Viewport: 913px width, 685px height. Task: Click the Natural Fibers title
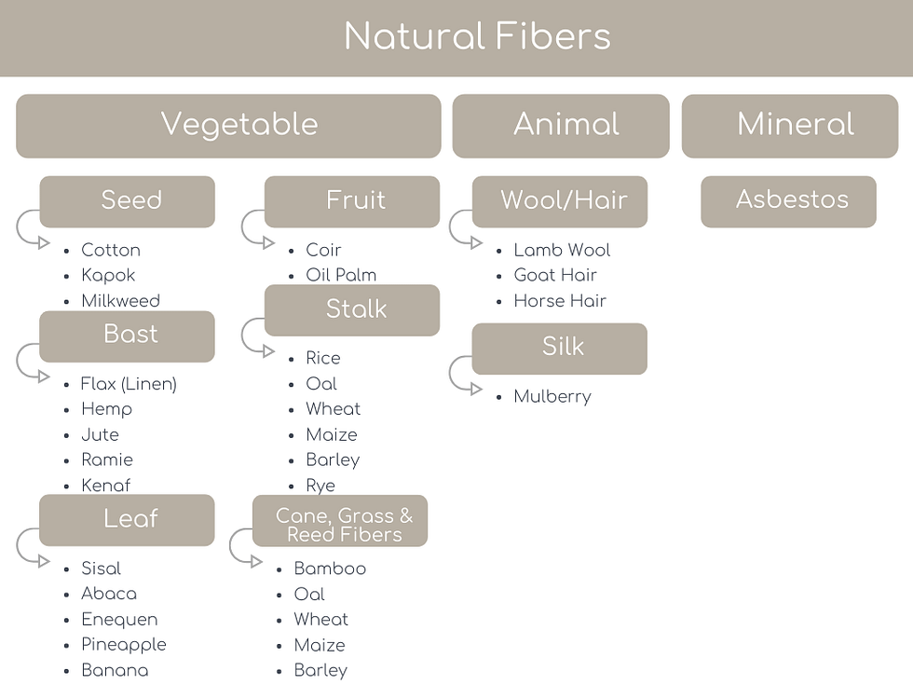(x=477, y=36)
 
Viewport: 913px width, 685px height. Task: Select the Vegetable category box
(x=228, y=126)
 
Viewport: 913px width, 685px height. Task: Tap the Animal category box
(x=561, y=126)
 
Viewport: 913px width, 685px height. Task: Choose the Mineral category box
(x=790, y=126)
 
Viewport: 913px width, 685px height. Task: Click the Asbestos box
(x=788, y=201)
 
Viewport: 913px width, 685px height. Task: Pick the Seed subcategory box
(x=127, y=201)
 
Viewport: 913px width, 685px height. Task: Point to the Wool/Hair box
(x=560, y=201)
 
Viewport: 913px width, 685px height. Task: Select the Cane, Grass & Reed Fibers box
(x=340, y=521)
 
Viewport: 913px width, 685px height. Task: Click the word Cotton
(x=111, y=250)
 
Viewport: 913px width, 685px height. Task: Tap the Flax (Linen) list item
(x=129, y=384)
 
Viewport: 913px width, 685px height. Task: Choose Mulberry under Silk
(x=552, y=397)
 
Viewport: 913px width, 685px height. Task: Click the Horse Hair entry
(x=560, y=300)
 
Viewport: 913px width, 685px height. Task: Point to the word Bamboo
(x=330, y=569)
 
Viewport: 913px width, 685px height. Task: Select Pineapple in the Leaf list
(x=124, y=645)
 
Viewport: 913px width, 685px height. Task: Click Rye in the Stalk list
(x=320, y=486)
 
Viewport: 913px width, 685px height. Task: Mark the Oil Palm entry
(x=341, y=275)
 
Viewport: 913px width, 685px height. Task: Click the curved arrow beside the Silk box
(x=451, y=373)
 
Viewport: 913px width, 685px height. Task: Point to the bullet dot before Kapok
(x=66, y=276)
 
